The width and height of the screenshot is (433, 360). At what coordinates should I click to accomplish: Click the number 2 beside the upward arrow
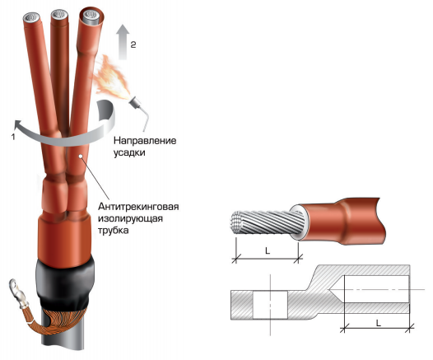[x=133, y=44]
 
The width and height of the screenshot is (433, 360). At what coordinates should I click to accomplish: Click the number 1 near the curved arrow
[x=13, y=136]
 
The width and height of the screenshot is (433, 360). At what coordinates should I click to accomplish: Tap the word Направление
[x=145, y=141]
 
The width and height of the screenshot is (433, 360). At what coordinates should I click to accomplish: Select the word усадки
[x=129, y=152]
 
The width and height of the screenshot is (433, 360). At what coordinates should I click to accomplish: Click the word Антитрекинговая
[x=138, y=207]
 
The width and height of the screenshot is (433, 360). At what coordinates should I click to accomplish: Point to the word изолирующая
[x=130, y=218]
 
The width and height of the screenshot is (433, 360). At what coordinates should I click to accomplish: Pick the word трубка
[x=114, y=230]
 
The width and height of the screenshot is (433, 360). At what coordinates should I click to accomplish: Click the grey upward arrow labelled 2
[x=123, y=42]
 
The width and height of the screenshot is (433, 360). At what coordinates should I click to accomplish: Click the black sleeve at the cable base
[x=65, y=284]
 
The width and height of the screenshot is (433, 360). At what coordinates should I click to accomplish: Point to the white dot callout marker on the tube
[x=81, y=156]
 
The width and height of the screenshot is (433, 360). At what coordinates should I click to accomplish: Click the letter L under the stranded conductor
[x=267, y=250]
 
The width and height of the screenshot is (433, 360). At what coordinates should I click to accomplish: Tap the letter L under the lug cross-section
[x=379, y=322]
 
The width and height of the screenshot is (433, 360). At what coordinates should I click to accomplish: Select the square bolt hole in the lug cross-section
[x=270, y=305]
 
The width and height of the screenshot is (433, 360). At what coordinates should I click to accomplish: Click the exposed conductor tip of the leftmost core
[x=33, y=17]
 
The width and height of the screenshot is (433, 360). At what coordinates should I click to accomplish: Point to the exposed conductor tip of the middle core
[x=59, y=14]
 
